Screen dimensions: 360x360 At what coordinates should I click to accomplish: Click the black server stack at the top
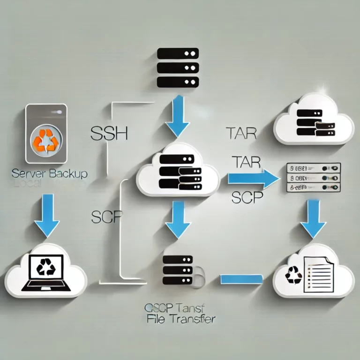[178, 67]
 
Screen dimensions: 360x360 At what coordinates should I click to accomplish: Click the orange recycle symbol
[45, 140]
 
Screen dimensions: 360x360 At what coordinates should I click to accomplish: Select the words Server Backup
[49, 174]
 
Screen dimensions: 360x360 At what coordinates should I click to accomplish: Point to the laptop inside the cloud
[45, 272]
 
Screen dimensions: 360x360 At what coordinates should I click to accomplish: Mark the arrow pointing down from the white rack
[313, 218]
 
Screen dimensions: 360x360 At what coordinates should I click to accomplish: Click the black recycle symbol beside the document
[294, 275]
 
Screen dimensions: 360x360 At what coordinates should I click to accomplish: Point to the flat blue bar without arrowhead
[241, 279]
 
